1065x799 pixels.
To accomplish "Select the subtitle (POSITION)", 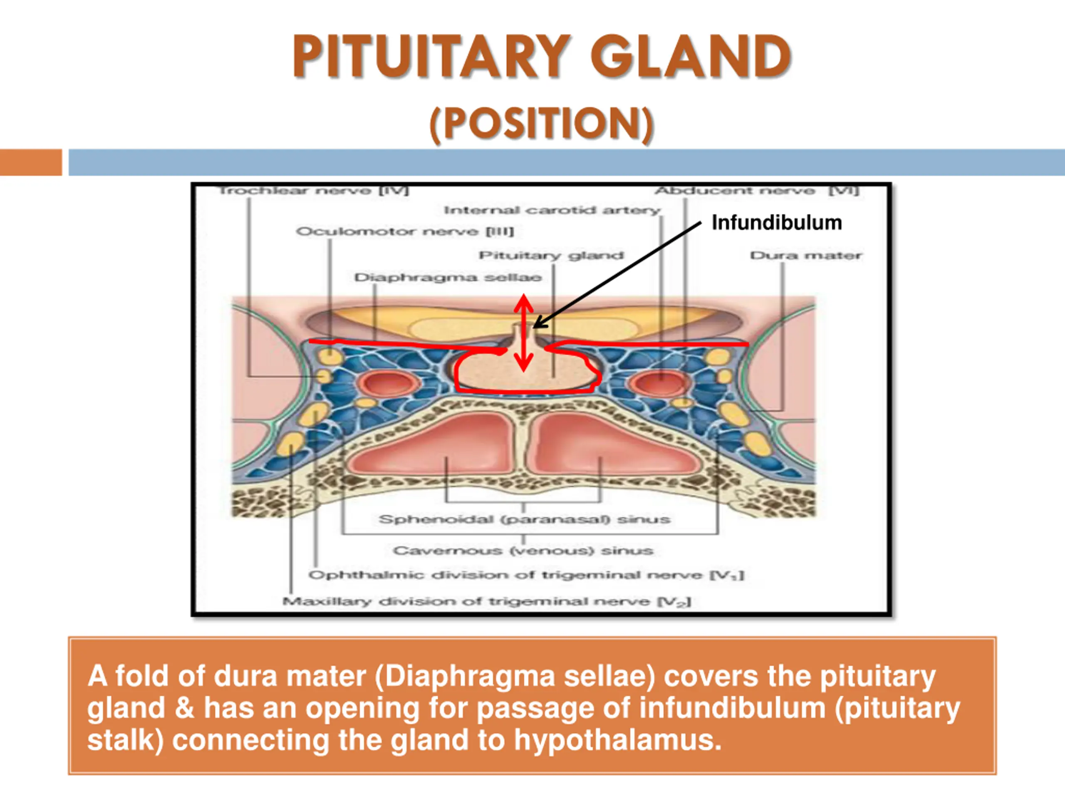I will point(541,123).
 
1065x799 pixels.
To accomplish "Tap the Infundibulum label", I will point(777,223).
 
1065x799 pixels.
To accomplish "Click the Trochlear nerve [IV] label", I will point(313,191).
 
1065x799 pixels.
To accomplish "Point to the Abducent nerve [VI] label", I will point(756,191).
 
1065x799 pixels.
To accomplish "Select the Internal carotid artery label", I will point(552,211).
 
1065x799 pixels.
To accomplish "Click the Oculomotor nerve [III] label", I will point(405,232).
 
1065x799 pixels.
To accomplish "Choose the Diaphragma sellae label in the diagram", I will point(448,278).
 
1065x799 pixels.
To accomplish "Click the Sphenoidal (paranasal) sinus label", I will point(524,520).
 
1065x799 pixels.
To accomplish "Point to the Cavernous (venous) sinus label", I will point(523,551).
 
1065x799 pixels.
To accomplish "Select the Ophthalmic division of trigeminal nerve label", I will point(526,575).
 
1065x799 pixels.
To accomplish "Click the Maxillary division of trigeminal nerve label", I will point(486,601).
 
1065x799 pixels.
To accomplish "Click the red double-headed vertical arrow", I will point(524,333).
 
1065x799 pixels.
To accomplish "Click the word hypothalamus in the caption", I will point(618,740).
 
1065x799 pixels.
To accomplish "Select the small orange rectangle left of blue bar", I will point(31,162).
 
